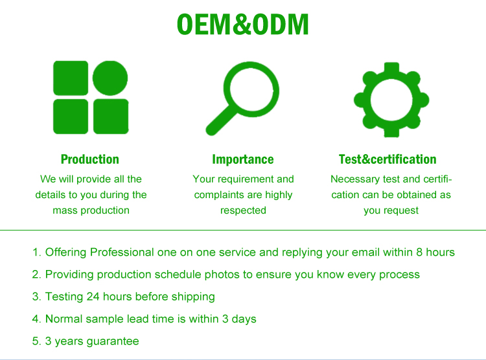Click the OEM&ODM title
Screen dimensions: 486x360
tap(243, 25)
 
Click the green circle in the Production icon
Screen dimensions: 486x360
tap(110, 78)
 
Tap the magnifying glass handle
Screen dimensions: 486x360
tap(221, 121)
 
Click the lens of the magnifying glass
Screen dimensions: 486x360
tap(251, 90)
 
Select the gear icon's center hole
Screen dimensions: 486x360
tap(391, 100)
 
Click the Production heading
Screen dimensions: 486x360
tap(90, 159)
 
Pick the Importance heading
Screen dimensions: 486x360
tap(243, 159)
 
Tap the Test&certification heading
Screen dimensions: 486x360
tap(388, 159)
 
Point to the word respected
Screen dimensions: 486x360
tap(243, 210)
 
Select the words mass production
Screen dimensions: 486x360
tap(91, 210)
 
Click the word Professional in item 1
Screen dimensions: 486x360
tap(122, 252)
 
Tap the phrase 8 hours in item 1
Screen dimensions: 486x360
tap(435, 252)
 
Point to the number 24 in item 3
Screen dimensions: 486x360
tap(93, 297)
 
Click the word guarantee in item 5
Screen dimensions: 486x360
tap(113, 341)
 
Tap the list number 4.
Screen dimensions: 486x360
tap(36, 319)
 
